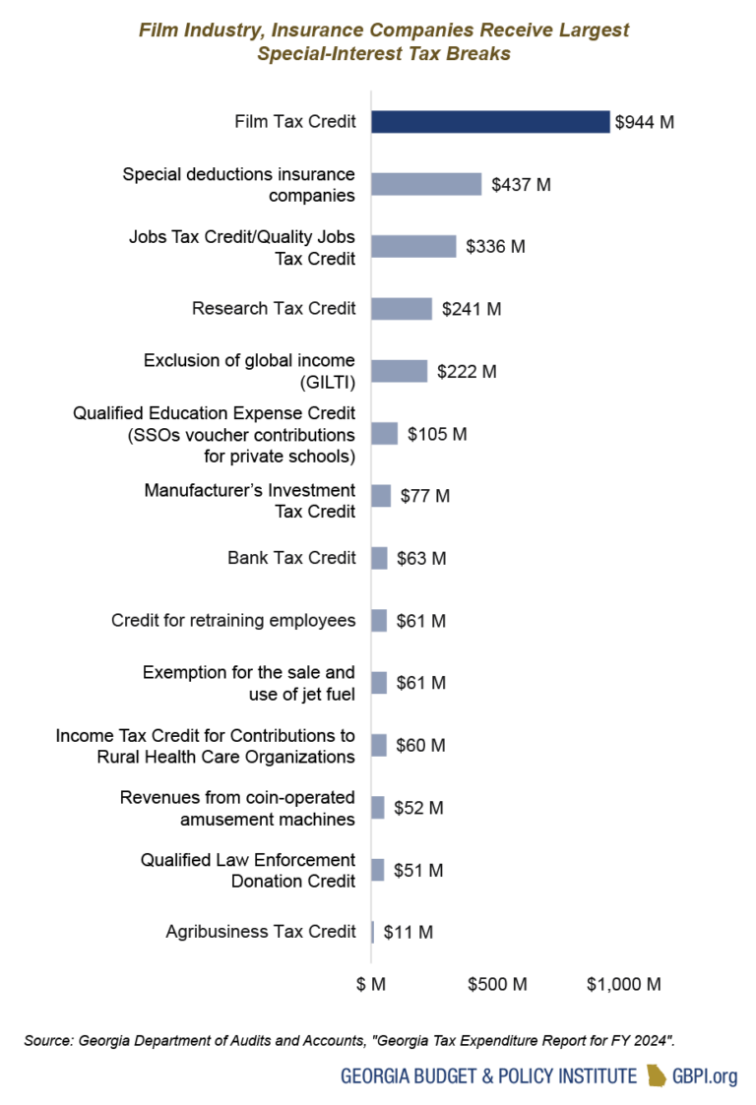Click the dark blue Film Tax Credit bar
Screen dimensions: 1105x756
490,122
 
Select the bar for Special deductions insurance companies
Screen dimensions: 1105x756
426,184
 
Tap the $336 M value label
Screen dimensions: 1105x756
498,246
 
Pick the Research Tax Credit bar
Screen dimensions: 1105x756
402,309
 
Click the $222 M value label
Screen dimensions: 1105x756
470,371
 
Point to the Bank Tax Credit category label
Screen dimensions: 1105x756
291,558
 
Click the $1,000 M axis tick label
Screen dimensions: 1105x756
623,984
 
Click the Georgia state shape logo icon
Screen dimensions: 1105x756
656,1075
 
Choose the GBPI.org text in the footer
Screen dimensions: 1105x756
704,1076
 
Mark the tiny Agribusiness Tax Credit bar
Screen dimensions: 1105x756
373,932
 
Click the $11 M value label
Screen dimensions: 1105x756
408,932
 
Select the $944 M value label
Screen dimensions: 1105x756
645,122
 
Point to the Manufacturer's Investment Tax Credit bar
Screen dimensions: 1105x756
381,496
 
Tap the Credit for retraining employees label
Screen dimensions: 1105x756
233,620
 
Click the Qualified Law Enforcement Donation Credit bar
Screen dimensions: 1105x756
378,870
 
